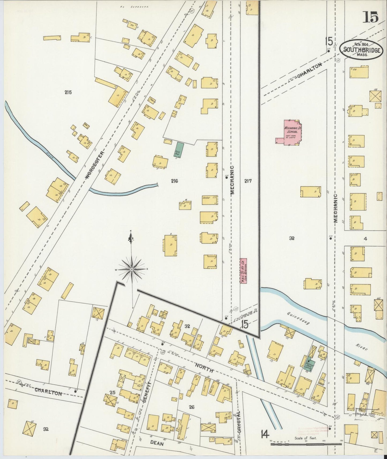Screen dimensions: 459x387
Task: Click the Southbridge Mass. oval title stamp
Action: coord(360,50)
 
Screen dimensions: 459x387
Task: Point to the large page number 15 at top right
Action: coord(371,17)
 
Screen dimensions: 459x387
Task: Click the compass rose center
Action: coord(132,269)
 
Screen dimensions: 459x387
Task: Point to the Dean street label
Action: coord(157,443)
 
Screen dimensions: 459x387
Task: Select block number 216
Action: coord(174,181)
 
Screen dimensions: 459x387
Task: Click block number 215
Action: coord(68,92)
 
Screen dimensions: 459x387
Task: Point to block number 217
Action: coord(248,181)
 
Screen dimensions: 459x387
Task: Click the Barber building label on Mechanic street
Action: coord(206,198)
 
